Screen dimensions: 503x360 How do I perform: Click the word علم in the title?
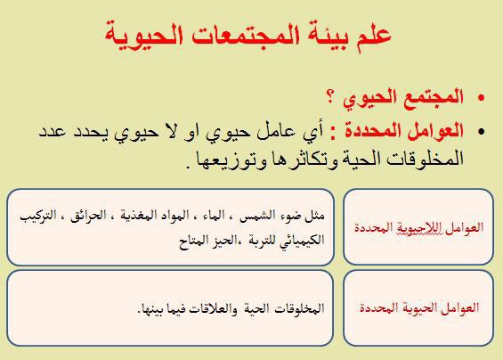pos(374,35)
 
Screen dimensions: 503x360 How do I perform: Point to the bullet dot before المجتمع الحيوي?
pos(481,98)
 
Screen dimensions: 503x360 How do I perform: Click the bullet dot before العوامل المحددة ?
pos(481,131)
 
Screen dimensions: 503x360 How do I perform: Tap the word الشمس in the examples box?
pos(257,215)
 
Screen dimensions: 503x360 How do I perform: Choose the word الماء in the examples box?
pos(214,215)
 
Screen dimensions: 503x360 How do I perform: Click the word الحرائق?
pos(88,215)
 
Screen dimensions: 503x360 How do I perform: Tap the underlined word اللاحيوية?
pos(415,228)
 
